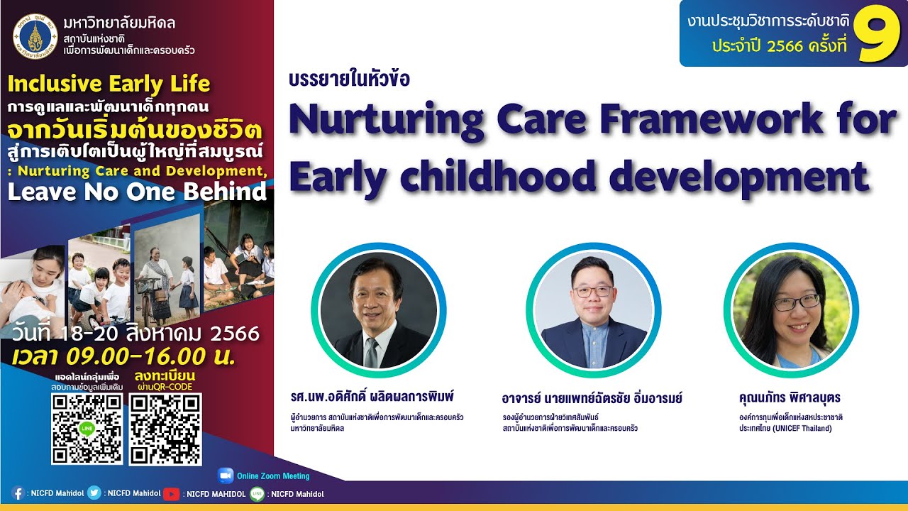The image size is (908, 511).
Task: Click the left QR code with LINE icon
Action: (87, 429)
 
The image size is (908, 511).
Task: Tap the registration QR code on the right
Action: (165, 429)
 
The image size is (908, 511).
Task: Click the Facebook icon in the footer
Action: (18, 493)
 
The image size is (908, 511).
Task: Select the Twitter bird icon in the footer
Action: (94, 493)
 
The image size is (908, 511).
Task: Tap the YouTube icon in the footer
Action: (172, 493)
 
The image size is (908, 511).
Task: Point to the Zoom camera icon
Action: (226, 476)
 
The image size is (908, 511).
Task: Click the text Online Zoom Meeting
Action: (273, 476)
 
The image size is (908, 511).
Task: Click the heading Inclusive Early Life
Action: (109, 84)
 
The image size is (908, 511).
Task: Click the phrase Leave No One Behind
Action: (137, 192)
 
